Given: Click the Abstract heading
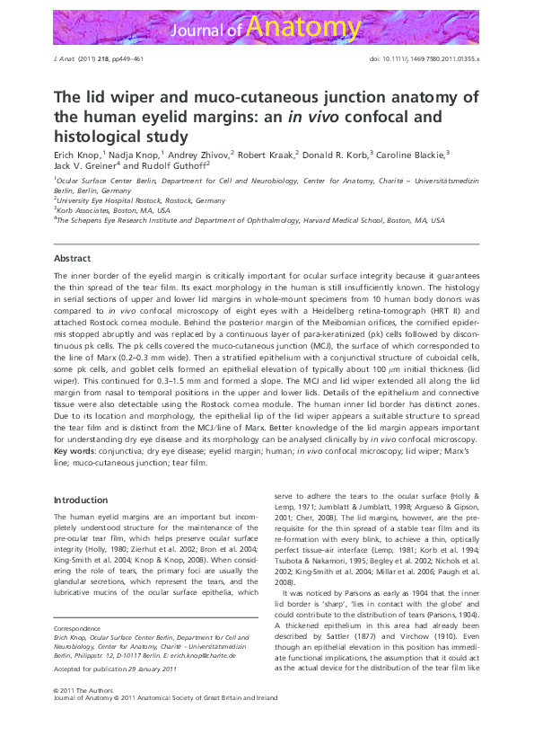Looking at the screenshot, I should point(73,259).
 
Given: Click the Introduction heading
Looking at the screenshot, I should point(81,500).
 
